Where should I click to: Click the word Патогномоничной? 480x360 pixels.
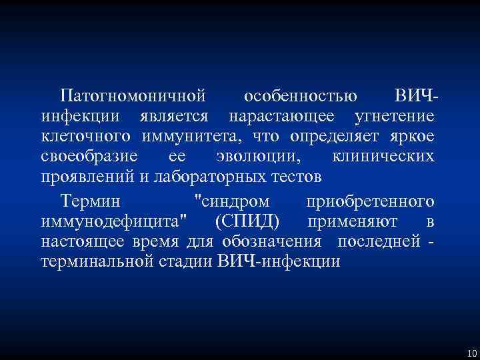pos(131,95)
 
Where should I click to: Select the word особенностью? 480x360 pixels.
pos(300,95)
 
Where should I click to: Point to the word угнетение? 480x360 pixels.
pos(394,116)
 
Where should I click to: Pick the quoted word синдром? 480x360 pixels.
pos(231,200)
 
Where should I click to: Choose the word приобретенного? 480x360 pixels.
pos(370,200)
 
